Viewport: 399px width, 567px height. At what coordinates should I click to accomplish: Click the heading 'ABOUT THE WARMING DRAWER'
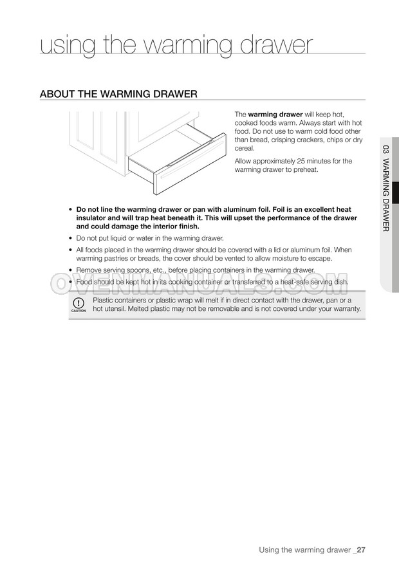coord(118,94)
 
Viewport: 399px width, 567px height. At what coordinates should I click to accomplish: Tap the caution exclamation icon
coord(79,303)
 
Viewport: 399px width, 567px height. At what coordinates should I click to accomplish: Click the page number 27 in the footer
coord(362,550)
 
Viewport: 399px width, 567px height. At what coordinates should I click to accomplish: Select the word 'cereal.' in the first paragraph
coord(245,148)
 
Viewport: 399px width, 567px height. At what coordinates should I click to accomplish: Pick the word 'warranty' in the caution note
coord(345,309)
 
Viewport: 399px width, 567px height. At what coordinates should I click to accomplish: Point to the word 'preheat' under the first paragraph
coord(305,170)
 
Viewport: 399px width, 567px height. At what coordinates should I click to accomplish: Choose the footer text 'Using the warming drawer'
coord(304,550)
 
